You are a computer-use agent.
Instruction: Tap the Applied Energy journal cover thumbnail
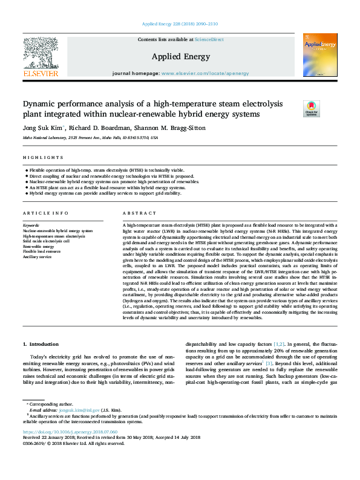[x=315, y=55]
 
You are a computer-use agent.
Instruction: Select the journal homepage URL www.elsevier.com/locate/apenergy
[x=205, y=73]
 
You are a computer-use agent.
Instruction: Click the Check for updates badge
[x=311, y=109]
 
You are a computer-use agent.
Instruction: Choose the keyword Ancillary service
[x=38, y=257]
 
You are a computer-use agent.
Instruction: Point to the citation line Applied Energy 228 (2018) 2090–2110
[x=180, y=24]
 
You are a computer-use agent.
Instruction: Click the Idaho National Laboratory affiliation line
[x=90, y=138]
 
